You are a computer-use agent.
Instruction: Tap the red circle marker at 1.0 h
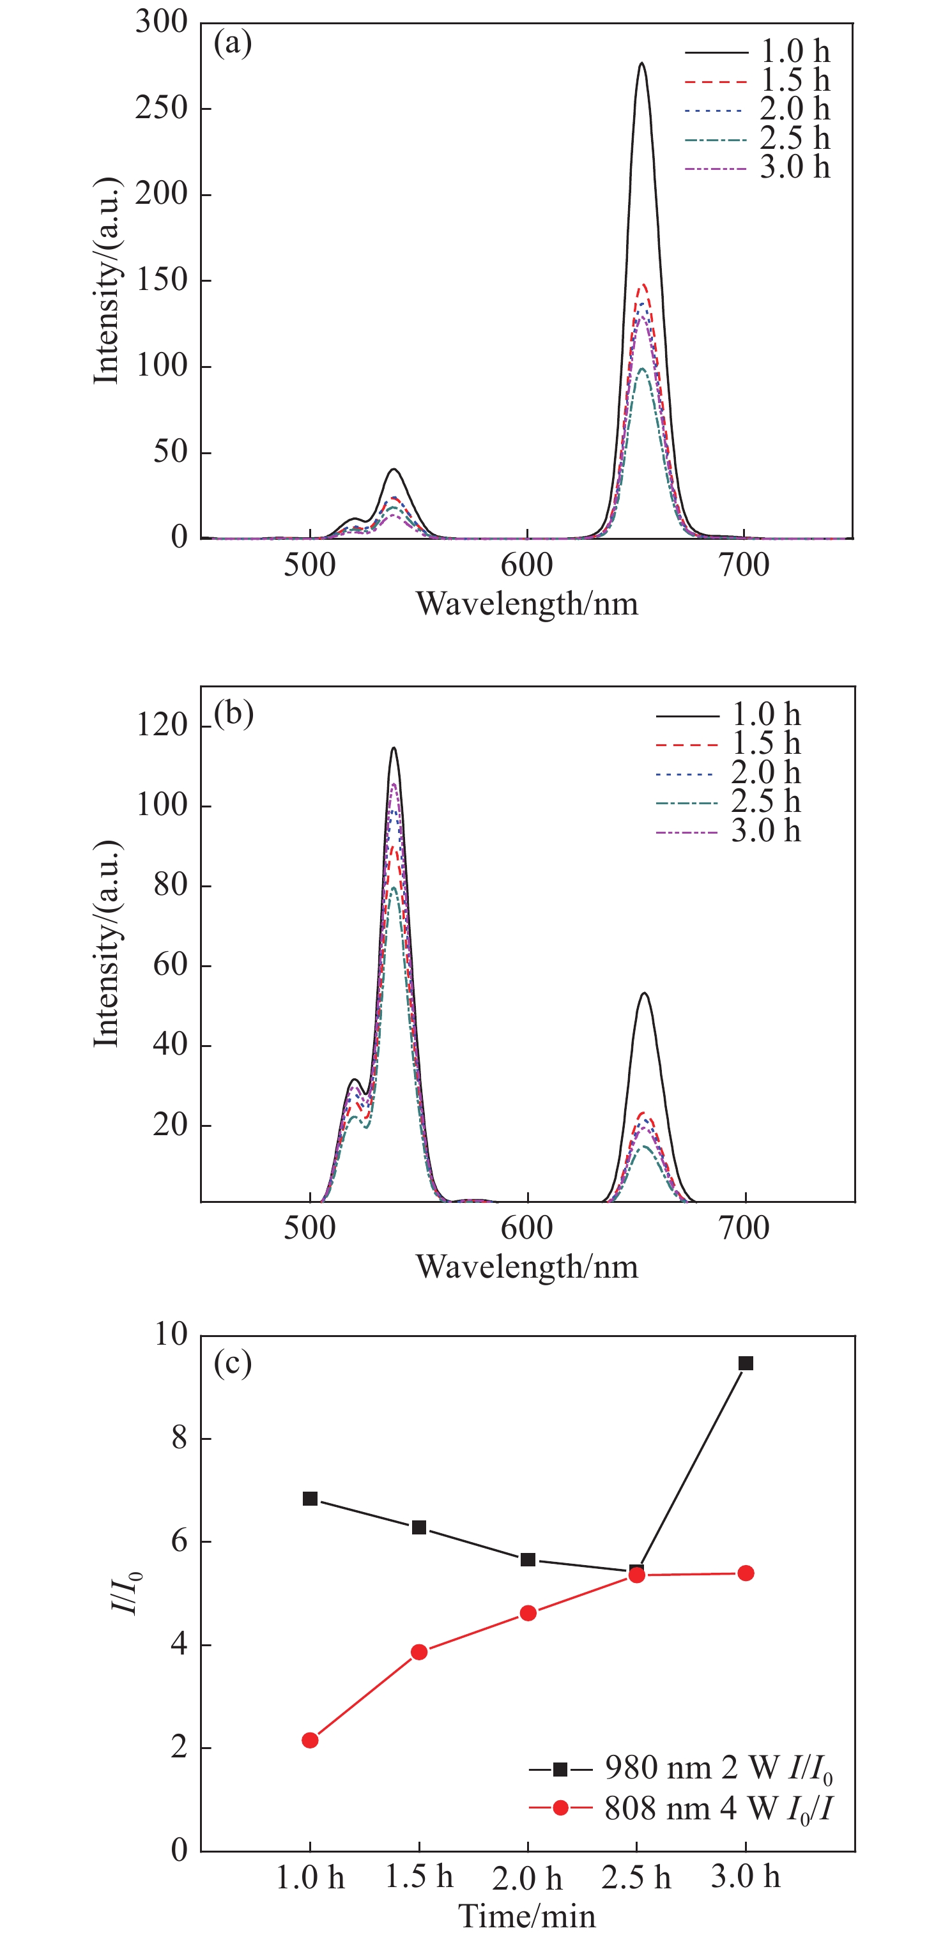click(x=310, y=1740)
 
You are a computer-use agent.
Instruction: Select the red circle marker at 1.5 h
click(x=419, y=1652)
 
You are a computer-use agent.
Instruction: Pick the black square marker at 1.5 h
click(x=419, y=1527)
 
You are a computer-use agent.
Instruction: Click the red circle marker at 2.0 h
click(x=528, y=1613)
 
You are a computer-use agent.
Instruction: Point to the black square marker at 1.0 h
click(x=310, y=1499)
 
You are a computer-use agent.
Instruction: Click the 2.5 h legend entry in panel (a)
click(x=757, y=139)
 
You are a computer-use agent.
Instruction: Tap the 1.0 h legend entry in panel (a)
click(x=757, y=52)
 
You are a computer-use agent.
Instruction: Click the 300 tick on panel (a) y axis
click(x=161, y=22)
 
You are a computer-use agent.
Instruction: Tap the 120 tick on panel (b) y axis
click(x=161, y=725)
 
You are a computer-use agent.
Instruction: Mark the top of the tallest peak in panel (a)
click(x=641, y=63)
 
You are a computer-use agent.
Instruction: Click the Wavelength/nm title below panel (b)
click(x=527, y=1267)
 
